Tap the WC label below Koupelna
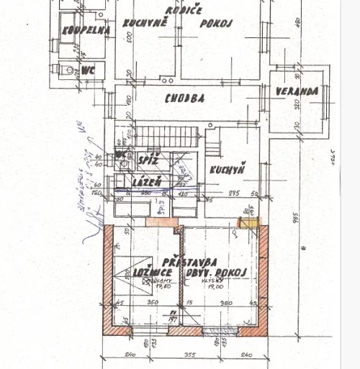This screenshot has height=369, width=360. click(x=89, y=70)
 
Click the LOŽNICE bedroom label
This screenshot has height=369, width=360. click(x=151, y=272)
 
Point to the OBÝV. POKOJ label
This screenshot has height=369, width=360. click(x=216, y=271)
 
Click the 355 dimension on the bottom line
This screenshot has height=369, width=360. click(x=189, y=354)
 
